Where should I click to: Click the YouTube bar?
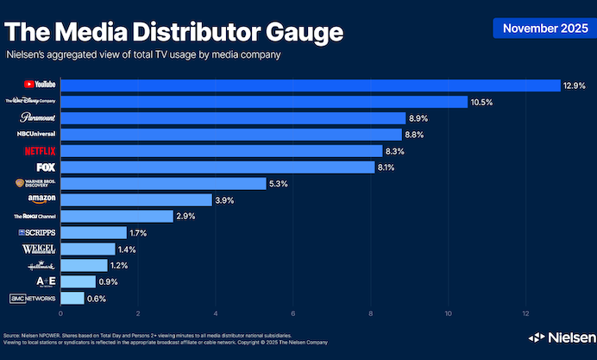pos(311,85)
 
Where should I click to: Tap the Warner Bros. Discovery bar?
pos(163,184)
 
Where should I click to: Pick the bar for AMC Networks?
pos(72,298)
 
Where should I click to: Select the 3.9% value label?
pos(225,200)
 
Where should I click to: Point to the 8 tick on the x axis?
pos(371,313)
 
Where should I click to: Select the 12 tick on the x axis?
pos(526,313)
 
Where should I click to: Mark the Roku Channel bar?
pos(116,217)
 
